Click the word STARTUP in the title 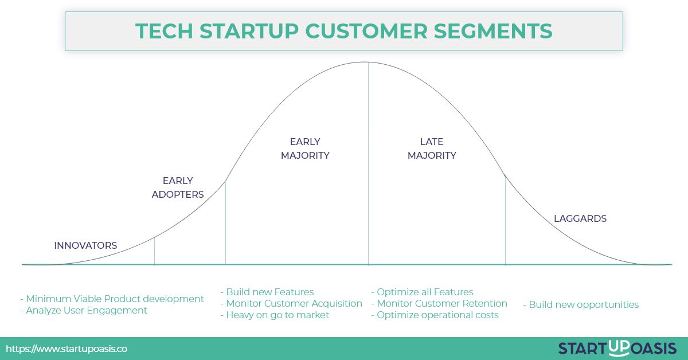242,30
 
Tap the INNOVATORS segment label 85,245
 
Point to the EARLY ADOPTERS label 178,187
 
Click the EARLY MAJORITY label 305,148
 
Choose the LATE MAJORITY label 432,148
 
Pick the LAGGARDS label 580,218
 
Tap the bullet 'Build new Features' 267,292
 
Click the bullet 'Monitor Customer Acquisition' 291,303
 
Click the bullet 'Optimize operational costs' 435,315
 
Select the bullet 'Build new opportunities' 581,304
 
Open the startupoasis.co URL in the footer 67,349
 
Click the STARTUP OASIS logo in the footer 617,347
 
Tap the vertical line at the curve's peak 368,172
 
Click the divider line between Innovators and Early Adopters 154,251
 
